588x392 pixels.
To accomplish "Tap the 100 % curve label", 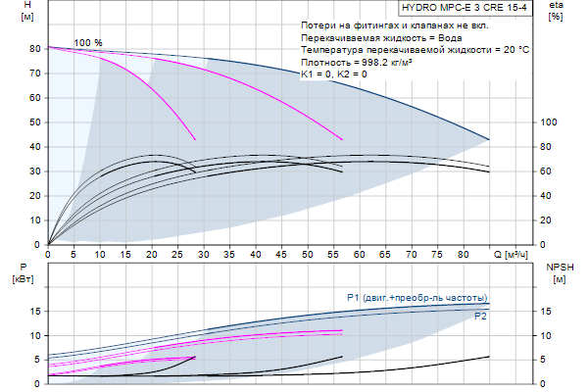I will click(x=88, y=42).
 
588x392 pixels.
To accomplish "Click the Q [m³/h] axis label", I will click(x=511, y=254).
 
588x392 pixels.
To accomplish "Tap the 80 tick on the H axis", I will click(x=35, y=49).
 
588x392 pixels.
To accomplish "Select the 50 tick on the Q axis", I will click(x=308, y=254).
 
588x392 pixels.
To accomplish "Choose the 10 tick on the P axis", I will click(x=35, y=335).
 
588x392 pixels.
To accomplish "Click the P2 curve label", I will click(x=480, y=317).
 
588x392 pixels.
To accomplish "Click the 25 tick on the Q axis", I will click(x=178, y=254).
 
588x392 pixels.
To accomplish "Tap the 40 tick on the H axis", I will click(x=35, y=147).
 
